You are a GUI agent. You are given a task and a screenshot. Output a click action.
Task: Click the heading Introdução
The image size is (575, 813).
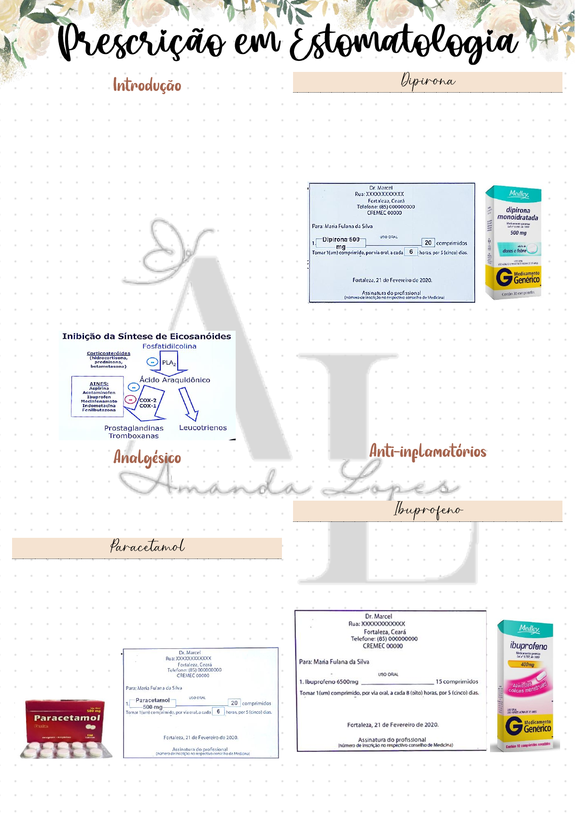click(x=147, y=85)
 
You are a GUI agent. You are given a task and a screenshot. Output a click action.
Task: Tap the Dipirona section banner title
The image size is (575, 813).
click(x=428, y=81)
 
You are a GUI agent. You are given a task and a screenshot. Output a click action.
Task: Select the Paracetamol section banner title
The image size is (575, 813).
click(x=147, y=547)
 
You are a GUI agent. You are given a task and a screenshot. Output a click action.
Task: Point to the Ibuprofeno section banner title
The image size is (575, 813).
click(x=428, y=510)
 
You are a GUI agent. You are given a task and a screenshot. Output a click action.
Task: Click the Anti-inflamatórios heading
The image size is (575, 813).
click(x=428, y=451)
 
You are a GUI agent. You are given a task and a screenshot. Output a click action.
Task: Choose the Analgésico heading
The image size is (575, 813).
click(x=147, y=457)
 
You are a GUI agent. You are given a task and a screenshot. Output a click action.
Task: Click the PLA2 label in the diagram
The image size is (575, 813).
click(x=168, y=363)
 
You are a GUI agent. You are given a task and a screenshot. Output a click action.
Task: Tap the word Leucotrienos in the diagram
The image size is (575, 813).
click(x=203, y=428)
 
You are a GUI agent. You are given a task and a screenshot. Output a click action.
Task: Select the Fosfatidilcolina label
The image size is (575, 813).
click(x=169, y=346)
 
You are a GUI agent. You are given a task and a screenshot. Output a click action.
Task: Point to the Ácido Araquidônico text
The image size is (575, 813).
click(x=175, y=380)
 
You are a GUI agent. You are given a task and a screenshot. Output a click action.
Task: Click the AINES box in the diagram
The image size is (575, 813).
click(x=98, y=396)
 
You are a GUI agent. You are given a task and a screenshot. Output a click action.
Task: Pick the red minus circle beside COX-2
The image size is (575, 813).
click(x=130, y=399)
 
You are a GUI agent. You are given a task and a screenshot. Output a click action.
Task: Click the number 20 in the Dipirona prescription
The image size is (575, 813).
click(x=428, y=243)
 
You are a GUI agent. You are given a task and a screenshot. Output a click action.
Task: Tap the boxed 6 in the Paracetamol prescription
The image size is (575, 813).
click(x=218, y=712)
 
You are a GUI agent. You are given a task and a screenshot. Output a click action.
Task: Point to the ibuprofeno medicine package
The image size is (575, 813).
click(x=525, y=686)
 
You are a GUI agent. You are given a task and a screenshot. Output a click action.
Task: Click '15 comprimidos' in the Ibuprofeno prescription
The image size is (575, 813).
click(x=457, y=682)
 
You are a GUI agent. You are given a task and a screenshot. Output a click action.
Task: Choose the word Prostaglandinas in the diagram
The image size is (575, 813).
click(x=134, y=428)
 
